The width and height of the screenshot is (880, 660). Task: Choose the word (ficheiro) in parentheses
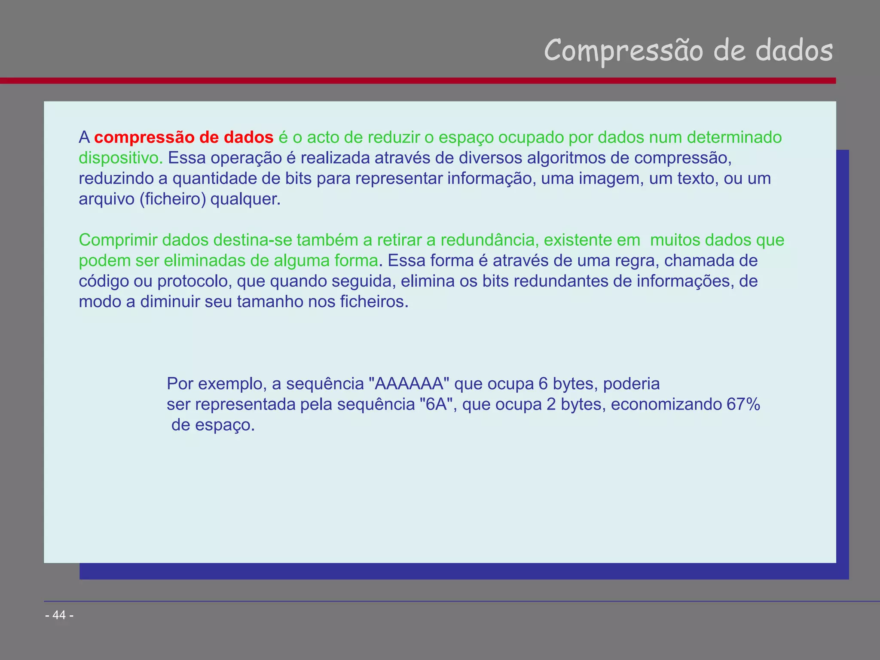tap(173, 199)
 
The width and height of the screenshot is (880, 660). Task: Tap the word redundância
tap(489, 240)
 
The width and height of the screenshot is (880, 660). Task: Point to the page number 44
tap(59, 615)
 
